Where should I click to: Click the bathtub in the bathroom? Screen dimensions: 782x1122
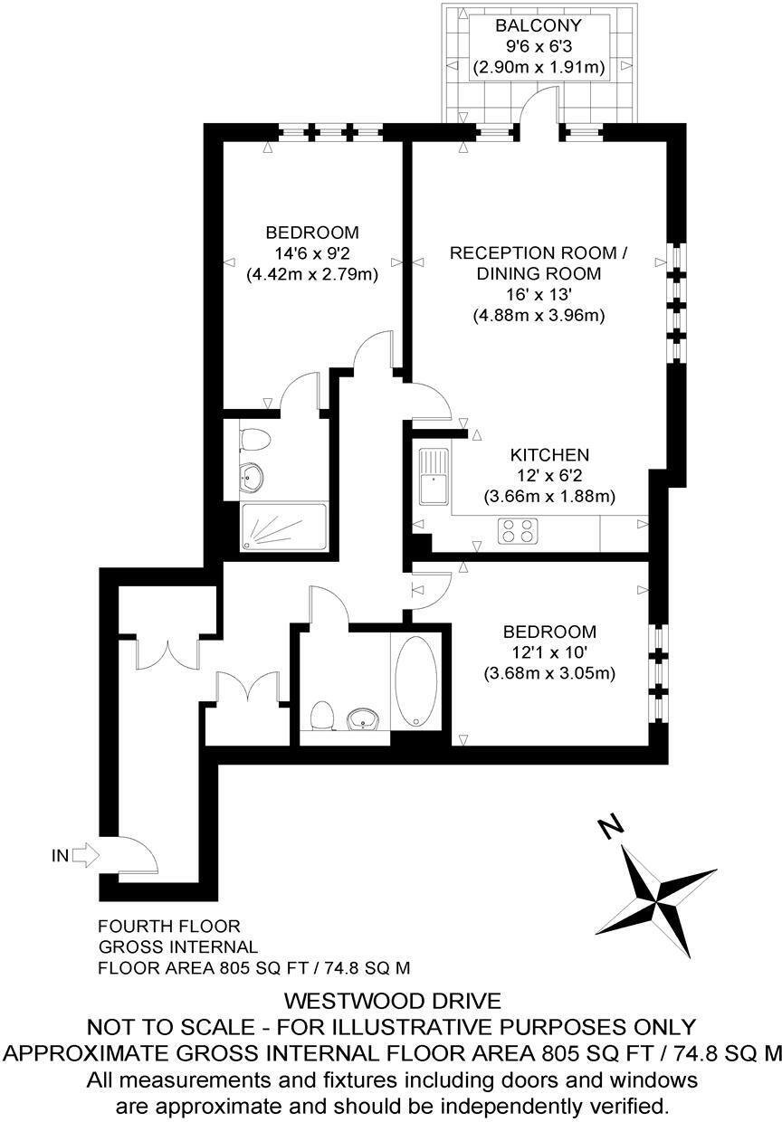coord(416,681)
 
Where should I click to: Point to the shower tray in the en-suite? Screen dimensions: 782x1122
coord(282,528)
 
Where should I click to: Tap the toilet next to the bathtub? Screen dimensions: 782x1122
coord(320,716)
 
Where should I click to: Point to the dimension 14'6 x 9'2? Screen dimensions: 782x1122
coord(312,252)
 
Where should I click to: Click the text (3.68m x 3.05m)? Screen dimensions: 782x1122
coord(549,672)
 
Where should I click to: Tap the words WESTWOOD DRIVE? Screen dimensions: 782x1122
coord(392,1002)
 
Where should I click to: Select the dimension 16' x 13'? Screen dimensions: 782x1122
coord(539,294)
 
